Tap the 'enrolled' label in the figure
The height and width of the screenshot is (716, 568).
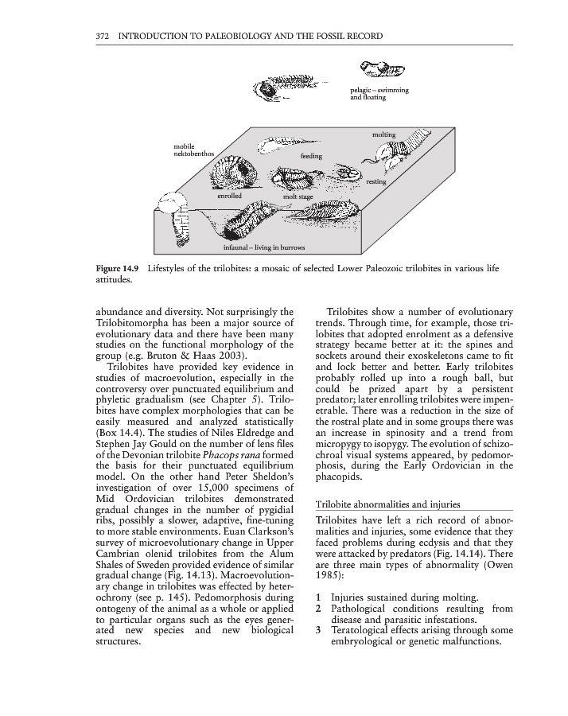tap(229, 194)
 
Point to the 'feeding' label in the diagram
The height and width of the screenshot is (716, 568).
tap(311, 157)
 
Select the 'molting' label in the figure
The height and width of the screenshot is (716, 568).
tap(383, 134)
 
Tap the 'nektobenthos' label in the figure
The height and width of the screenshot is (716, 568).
tap(193, 153)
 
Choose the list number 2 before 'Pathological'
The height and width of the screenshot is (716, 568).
tap(318, 609)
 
